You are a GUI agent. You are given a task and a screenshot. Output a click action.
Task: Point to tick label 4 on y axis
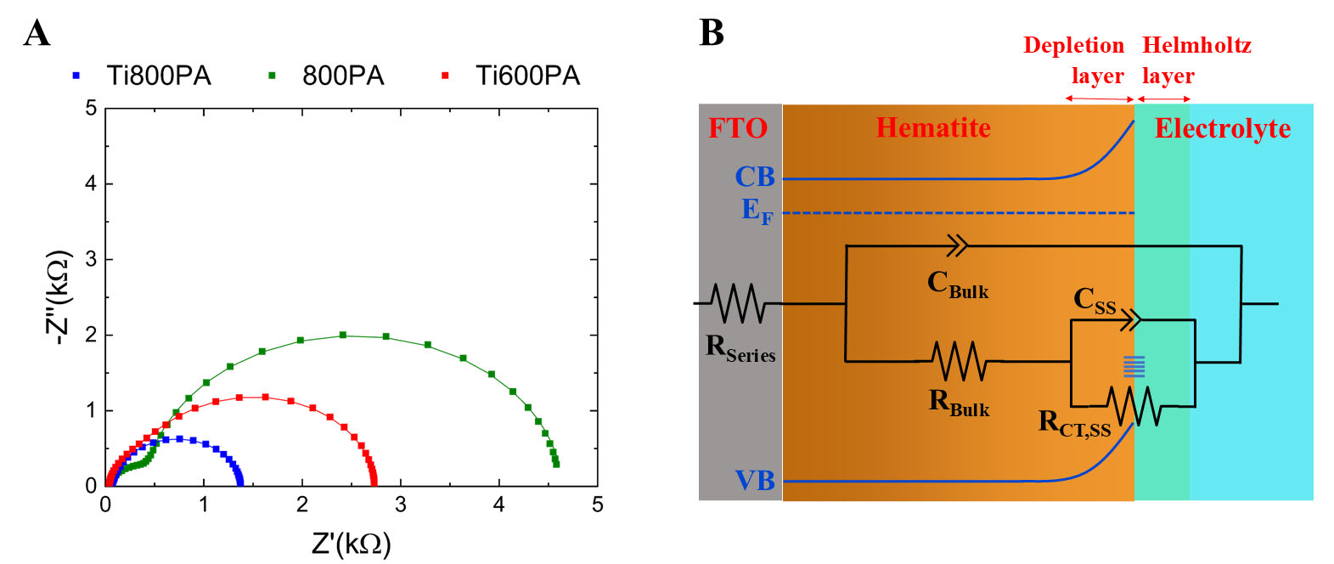(x=91, y=183)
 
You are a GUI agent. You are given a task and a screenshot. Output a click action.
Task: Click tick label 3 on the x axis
(x=400, y=505)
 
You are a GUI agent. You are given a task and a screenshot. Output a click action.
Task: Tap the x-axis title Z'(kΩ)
(x=351, y=544)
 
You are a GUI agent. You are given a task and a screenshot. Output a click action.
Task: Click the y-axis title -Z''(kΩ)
(x=58, y=297)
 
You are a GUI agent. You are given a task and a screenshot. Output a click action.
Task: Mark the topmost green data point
(x=343, y=335)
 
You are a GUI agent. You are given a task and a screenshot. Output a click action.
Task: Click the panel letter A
(x=37, y=34)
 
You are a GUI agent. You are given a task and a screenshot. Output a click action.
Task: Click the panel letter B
(x=711, y=33)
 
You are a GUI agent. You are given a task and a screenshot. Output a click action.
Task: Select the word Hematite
(x=933, y=127)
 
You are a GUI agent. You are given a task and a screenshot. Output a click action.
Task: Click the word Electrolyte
(x=1222, y=128)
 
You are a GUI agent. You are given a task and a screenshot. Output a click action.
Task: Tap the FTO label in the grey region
(x=738, y=128)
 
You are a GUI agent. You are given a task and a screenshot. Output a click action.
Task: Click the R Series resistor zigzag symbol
(x=738, y=303)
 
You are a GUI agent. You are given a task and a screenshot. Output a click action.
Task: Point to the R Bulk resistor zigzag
(x=959, y=361)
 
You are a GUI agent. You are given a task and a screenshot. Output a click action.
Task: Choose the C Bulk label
(x=957, y=284)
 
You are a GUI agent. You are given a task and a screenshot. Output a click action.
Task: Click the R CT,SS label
(x=1074, y=422)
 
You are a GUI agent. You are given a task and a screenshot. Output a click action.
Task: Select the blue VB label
(x=755, y=481)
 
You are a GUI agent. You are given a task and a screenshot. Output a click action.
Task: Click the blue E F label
(x=757, y=211)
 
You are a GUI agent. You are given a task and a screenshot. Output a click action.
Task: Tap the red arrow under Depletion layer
(x=1100, y=99)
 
